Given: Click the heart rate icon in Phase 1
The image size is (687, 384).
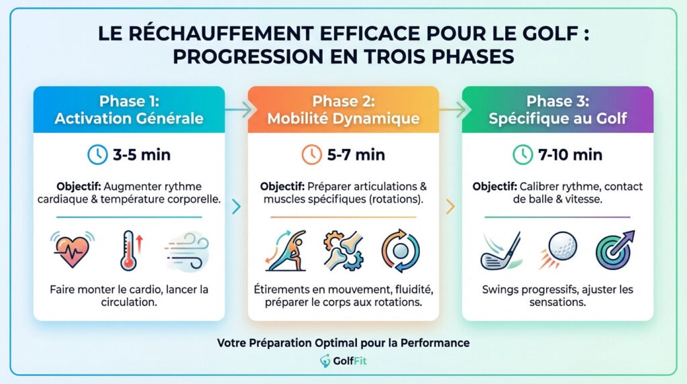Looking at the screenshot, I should click(x=73, y=250).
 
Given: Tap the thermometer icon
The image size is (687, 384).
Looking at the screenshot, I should click(x=129, y=250).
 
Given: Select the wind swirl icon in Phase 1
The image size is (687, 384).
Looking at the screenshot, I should click(x=185, y=250).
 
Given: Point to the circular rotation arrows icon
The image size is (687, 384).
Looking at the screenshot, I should click(x=401, y=250).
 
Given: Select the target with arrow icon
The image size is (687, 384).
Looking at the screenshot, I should click(x=615, y=250).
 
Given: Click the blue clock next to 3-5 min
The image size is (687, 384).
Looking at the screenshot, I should click(x=98, y=155).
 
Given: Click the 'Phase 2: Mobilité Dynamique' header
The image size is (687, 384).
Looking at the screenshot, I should click(x=343, y=109).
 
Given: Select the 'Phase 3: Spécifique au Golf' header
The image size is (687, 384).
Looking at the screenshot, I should click(x=558, y=109).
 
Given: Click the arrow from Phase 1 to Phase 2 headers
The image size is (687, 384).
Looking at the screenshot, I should click(x=237, y=109).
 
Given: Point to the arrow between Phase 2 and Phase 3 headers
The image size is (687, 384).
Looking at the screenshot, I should click(x=451, y=109).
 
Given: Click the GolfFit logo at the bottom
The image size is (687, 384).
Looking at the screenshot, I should click(x=343, y=361).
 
